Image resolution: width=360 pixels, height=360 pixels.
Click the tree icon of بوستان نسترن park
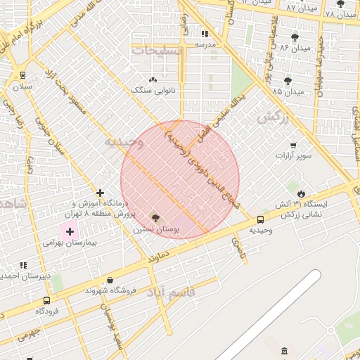coord(155,219)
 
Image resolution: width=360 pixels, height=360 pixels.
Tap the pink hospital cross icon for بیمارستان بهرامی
coord(70,231)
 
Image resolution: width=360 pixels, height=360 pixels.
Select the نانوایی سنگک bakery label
coord(148,90)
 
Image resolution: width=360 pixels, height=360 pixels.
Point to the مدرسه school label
coord(205,44)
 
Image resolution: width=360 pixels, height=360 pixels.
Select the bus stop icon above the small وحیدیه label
coord(261,219)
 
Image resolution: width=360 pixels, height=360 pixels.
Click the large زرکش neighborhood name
coord(273,117)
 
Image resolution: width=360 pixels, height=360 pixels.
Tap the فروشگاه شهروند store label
coord(105,290)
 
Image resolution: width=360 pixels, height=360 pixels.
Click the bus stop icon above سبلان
coord(23,75)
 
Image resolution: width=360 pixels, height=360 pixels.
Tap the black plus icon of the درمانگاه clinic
coord(101,193)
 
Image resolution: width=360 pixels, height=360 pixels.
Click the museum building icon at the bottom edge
coord(284,352)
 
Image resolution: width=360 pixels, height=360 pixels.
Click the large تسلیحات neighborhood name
coord(156,51)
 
